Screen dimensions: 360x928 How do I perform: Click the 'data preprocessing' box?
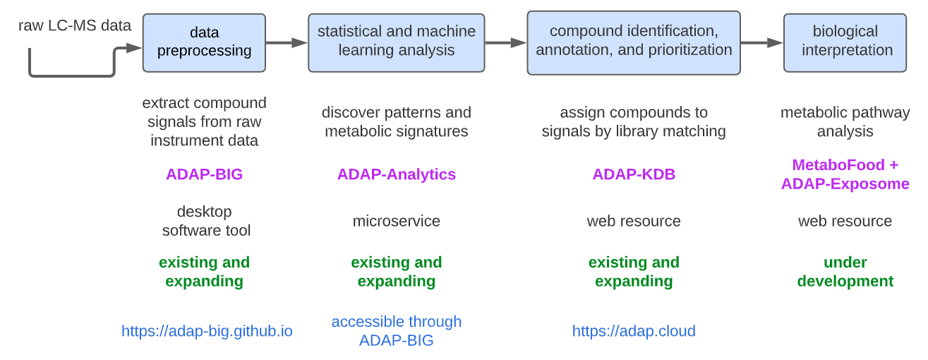tap(204, 42)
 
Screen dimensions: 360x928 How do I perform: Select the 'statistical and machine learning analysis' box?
tap(396, 42)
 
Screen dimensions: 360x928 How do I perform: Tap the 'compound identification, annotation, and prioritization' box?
tap(633, 42)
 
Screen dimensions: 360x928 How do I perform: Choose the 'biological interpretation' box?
tap(845, 42)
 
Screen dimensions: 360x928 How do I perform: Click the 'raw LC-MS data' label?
tap(75, 26)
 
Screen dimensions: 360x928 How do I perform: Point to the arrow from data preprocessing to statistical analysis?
tap(286, 42)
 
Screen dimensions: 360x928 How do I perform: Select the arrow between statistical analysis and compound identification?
tap(505, 42)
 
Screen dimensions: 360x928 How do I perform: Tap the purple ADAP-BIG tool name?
tap(204, 174)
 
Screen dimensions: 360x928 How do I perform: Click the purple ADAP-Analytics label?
tap(396, 174)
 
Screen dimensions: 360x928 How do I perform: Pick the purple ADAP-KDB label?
tap(633, 174)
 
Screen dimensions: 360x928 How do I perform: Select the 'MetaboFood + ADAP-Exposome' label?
tap(845, 174)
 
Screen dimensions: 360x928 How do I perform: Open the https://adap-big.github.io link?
tap(207, 331)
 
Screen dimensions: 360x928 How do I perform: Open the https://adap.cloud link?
tap(633, 331)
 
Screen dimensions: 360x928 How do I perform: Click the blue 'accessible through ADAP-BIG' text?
tap(396, 331)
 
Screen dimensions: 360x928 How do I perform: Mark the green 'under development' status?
tap(845, 272)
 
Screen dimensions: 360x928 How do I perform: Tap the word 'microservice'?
tap(396, 221)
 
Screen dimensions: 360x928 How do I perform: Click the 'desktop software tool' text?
tap(205, 221)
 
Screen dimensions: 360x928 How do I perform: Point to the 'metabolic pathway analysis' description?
tap(845, 122)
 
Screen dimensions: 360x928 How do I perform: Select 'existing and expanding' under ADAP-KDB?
tap(633, 272)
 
